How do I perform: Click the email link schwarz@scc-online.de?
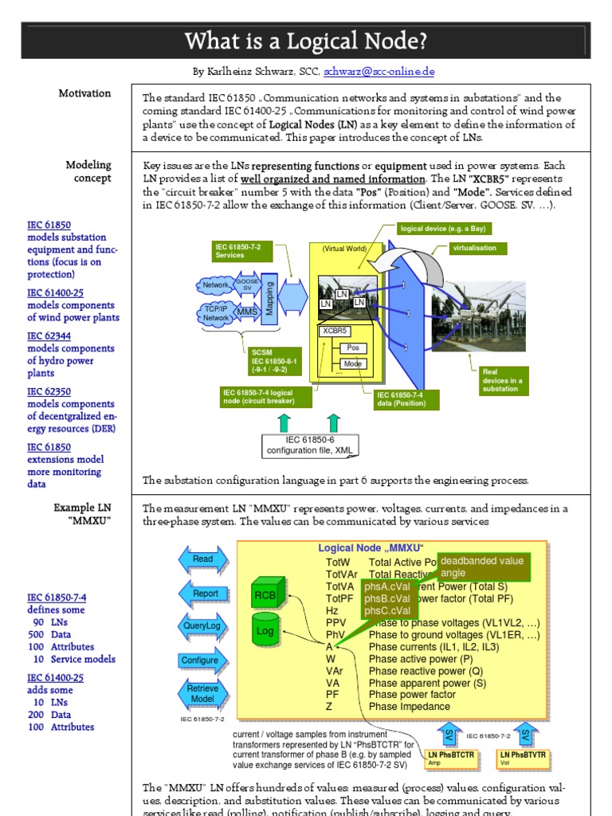pos(379,71)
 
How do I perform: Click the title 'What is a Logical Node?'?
pos(305,40)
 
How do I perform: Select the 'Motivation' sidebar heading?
pos(84,93)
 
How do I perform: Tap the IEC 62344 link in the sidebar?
pos(49,336)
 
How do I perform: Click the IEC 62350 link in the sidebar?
pos(49,391)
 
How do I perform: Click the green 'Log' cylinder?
pos(265,630)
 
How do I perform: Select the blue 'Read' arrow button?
pos(203,559)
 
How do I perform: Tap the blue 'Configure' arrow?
pos(200,661)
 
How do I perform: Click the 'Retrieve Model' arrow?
pos(202,694)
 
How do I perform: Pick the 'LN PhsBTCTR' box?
pos(450,758)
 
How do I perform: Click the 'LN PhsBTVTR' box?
pos(523,758)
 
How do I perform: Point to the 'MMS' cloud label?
pos(248,312)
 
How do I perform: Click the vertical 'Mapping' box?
pos(269,297)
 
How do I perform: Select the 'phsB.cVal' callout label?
pos(387,599)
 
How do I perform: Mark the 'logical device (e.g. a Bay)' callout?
pos(444,229)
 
